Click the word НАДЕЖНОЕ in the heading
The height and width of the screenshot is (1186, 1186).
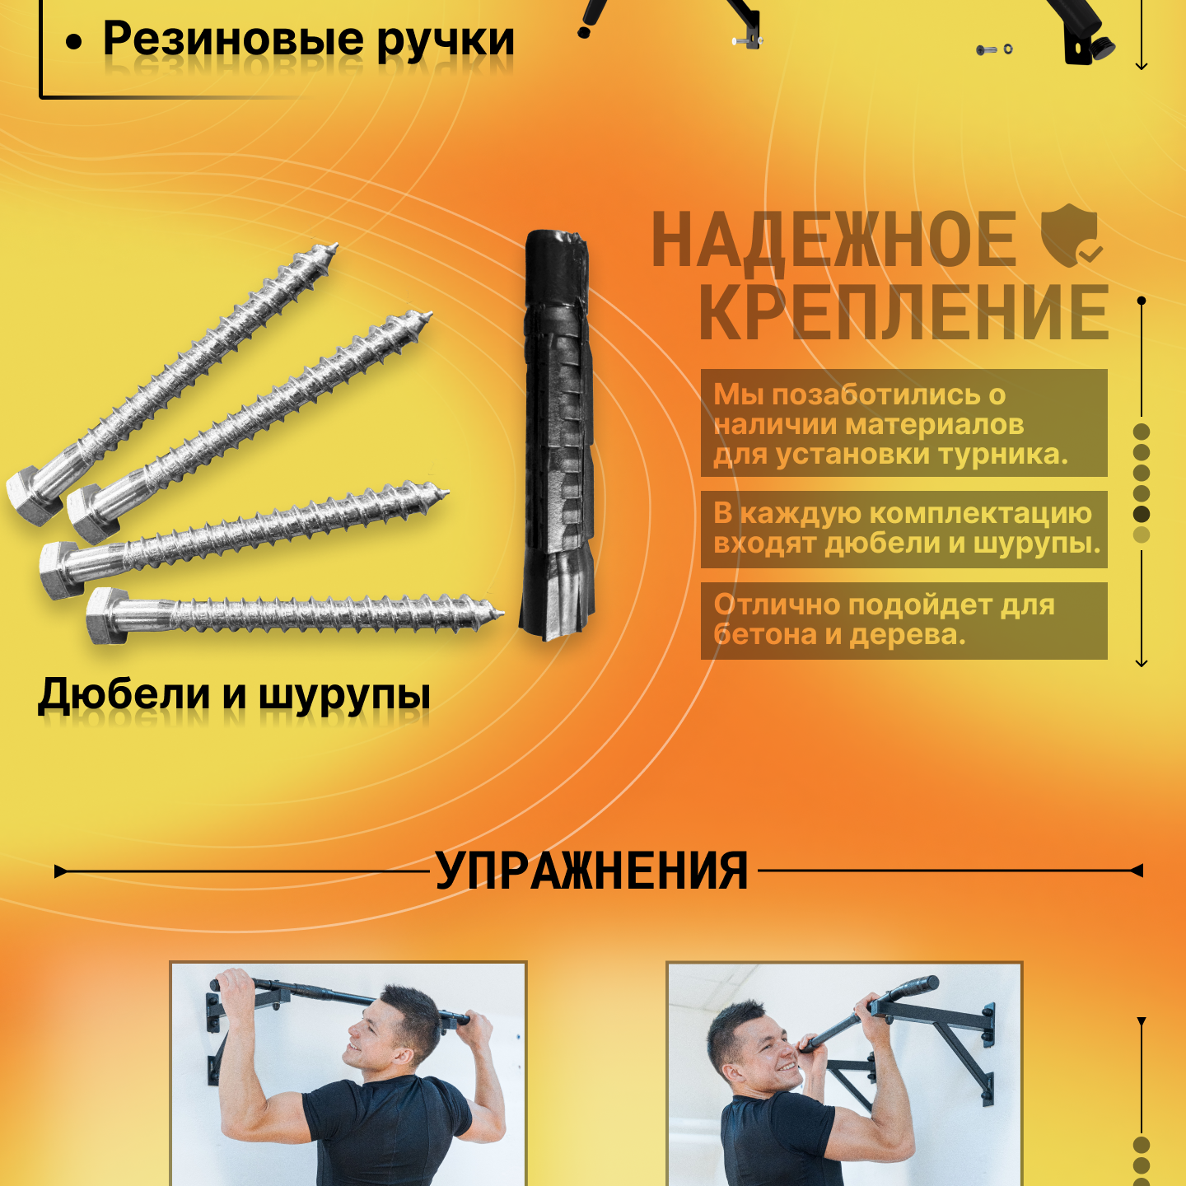[834, 240]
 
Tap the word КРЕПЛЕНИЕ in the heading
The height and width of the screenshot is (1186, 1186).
[904, 313]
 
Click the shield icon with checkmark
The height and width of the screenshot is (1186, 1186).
[1072, 236]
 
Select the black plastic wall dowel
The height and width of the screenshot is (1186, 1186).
[558, 435]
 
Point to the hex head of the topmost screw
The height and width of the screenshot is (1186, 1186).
[34, 495]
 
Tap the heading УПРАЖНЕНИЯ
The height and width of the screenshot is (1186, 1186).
[591, 871]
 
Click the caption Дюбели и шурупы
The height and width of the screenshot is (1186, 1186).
[234, 695]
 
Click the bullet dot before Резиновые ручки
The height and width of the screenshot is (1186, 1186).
[74, 42]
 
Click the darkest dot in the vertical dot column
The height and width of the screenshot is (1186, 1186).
[1141, 514]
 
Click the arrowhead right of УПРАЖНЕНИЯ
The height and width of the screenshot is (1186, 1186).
[1136, 871]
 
